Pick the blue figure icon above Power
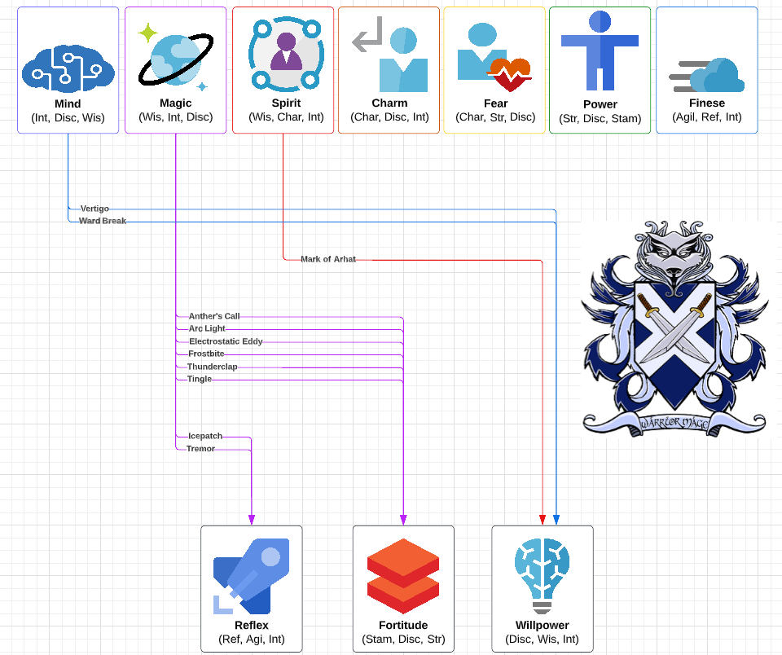pyautogui.click(x=600, y=51)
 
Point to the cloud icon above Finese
pyautogui.click(x=707, y=76)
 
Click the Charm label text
pyautogui.click(x=389, y=103)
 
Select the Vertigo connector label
pyautogui.click(x=94, y=209)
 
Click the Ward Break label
pyautogui.click(x=103, y=221)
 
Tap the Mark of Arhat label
pyautogui.click(x=328, y=259)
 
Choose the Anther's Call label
pyautogui.click(x=214, y=316)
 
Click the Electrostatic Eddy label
pyautogui.click(x=226, y=341)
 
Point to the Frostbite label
pyautogui.click(x=206, y=354)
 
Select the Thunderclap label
pyautogui.click(x=212, y=367)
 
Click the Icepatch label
pyautogui.click(x=205, y=437)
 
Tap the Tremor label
pyautogui.click(x=200, y=449)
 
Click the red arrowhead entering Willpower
pyautogui.click(x=543, y=520)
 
